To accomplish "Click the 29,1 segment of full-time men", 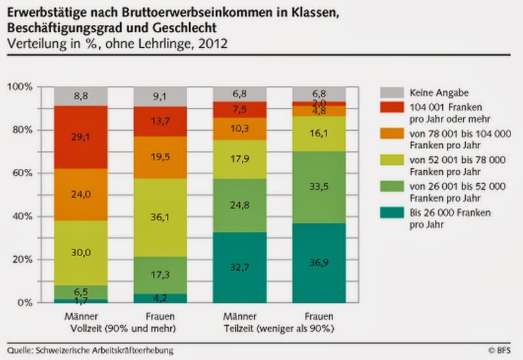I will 81,137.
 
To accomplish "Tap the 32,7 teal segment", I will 240,267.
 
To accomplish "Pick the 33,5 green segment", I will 319,187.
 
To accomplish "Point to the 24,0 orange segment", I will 81,194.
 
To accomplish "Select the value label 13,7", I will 161,122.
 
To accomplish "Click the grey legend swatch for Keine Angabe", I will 392,93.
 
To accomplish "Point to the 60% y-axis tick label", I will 24,173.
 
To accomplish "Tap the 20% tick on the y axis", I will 24,259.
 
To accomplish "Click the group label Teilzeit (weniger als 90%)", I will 280,326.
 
